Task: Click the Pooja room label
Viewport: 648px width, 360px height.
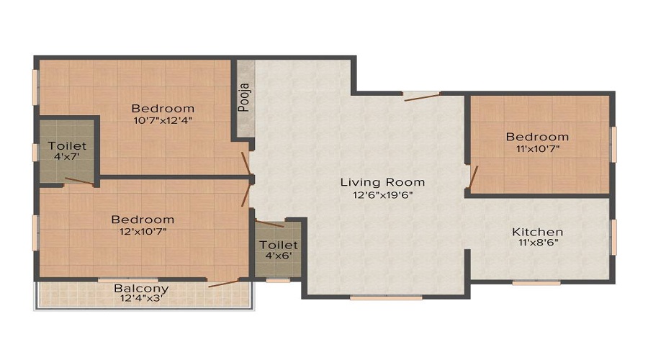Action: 244,97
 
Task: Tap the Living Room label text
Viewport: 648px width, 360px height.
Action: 383,182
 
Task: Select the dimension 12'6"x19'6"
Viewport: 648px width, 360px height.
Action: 383,195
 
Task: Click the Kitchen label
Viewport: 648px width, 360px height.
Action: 537,232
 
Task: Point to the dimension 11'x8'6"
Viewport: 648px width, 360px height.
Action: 539,243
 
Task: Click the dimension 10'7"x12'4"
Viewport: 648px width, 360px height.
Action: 163,121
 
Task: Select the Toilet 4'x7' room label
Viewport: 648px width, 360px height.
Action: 67,151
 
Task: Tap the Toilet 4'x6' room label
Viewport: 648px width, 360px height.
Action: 279,250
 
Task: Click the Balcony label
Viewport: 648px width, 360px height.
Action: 141,288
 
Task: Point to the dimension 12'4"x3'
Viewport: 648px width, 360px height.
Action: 142,298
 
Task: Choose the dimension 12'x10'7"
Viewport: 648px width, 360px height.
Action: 143,231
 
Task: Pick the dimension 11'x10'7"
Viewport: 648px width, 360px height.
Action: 538,149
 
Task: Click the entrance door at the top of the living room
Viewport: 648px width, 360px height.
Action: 423,97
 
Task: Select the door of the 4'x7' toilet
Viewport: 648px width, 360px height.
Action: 79,181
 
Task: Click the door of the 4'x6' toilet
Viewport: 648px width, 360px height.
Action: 269,224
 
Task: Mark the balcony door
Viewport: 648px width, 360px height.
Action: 224,284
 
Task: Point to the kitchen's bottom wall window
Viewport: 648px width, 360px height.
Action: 536,283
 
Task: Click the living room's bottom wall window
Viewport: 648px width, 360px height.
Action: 387,297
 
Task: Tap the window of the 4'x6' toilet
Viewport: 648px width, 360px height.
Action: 278,281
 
